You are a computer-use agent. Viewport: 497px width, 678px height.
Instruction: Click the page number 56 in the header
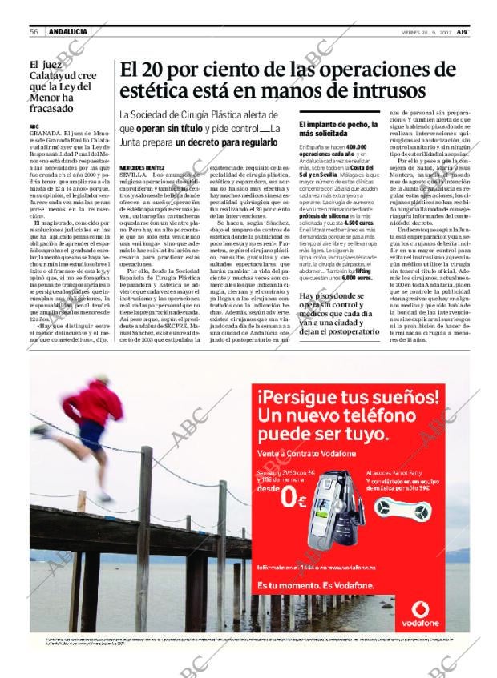(x=35, y=31)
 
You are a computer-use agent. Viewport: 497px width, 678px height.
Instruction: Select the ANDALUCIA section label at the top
(x=67, y=31)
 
